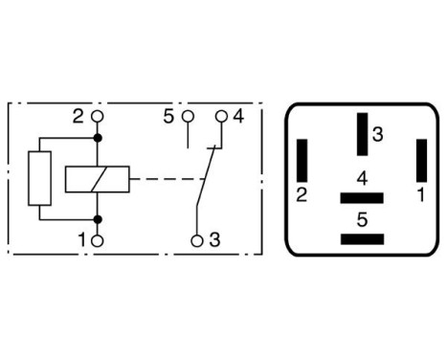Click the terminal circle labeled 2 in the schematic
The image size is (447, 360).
97,117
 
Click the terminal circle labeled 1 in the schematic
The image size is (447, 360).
97,240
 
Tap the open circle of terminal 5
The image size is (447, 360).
187,117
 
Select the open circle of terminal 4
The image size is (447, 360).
221,117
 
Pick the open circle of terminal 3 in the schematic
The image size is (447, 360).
196,240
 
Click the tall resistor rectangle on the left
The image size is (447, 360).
39,178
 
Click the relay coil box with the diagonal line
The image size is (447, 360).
97,178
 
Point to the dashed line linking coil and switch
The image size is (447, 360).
163,179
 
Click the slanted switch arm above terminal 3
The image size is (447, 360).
205,182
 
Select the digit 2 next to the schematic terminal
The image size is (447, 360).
78,117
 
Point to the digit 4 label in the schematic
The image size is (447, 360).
238,117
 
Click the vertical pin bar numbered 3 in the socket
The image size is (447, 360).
361,133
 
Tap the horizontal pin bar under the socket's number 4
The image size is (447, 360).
361,198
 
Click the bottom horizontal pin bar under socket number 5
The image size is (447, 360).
361,238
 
